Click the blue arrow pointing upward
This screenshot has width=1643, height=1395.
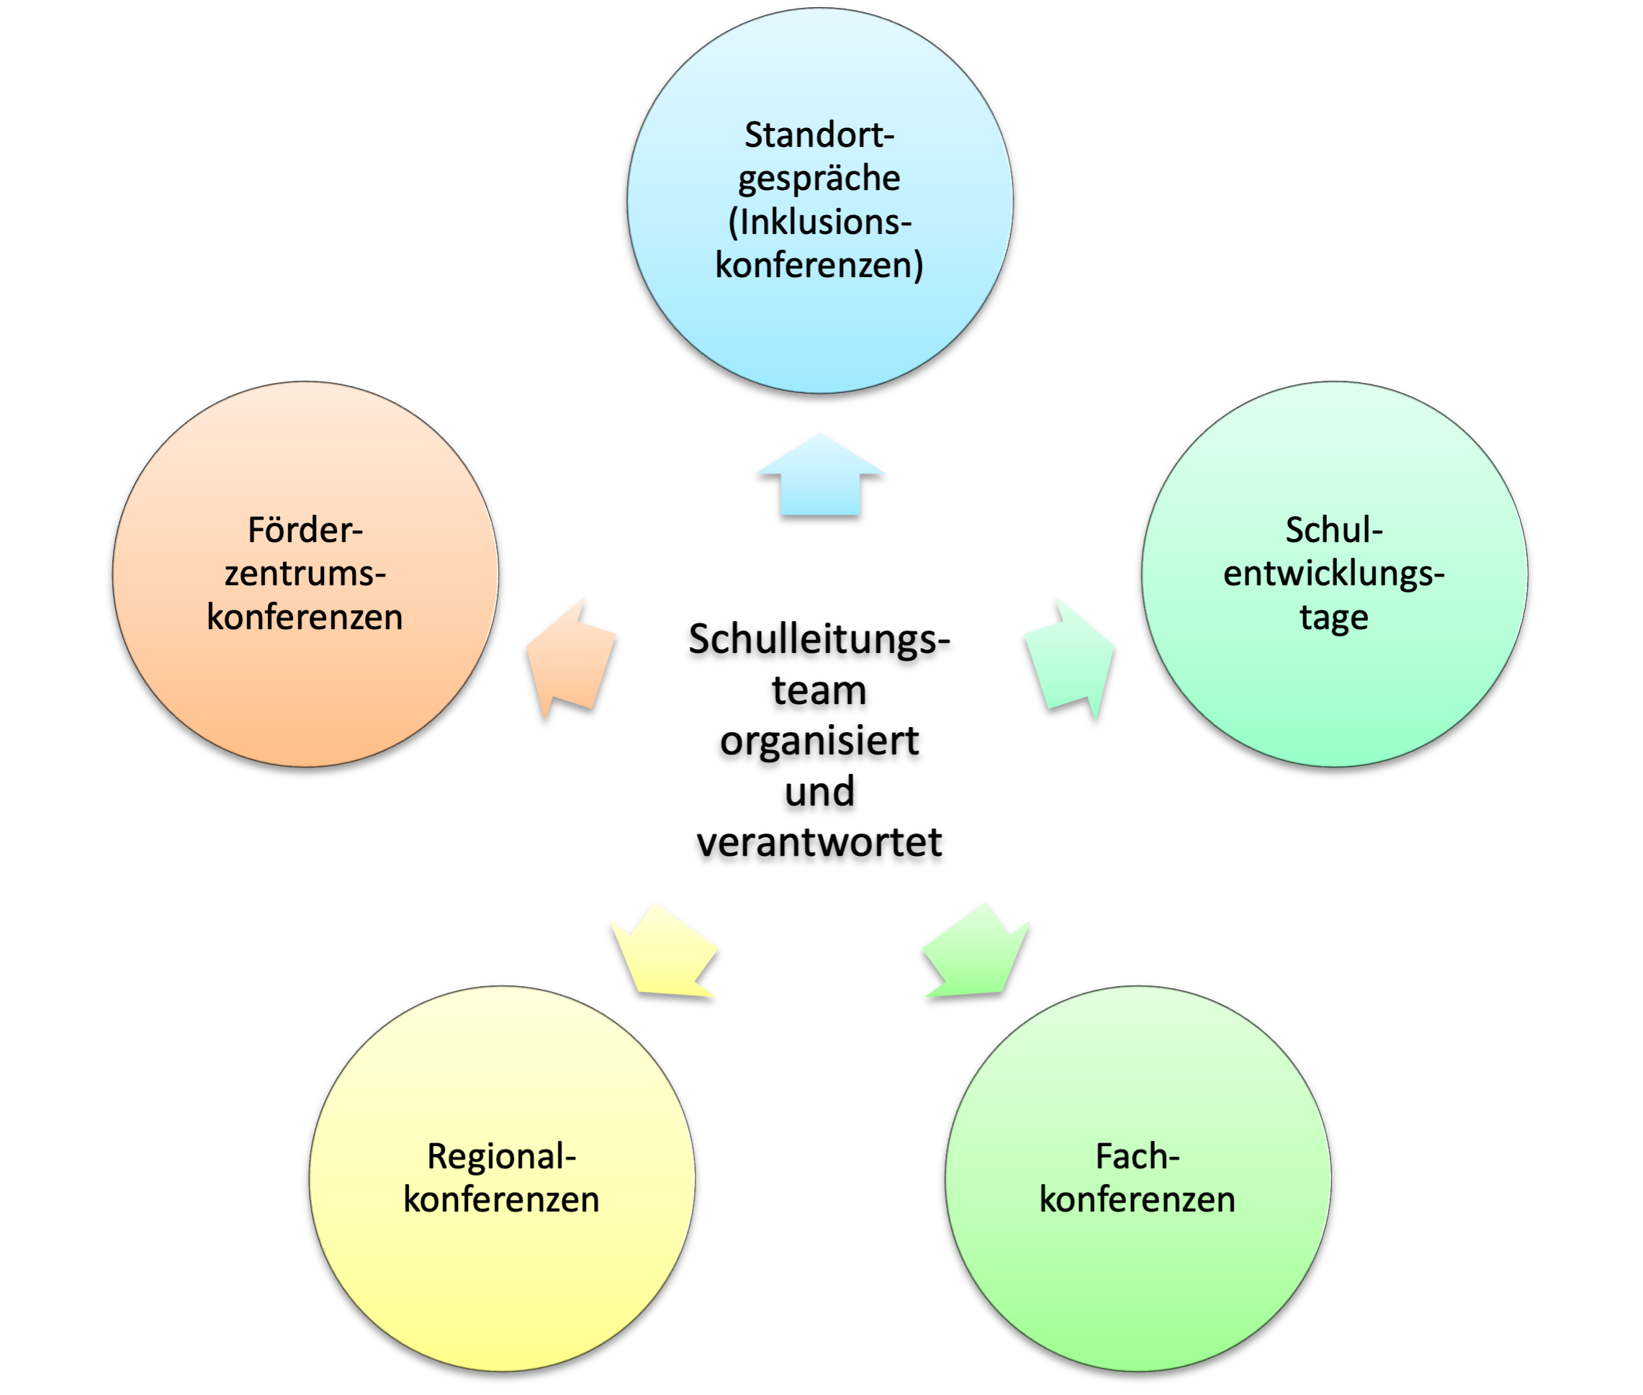pyautogui.click(x=820, y=478)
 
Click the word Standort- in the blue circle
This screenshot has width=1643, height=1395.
pyautogui.click(x=819, y=135)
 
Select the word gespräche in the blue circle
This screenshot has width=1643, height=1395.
pyautogui.click(x=819, y=179)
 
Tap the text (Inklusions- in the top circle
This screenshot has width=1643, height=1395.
pyautogui.click(x=819, y=222)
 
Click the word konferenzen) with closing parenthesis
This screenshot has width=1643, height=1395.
pyautogui.click(x=819, y=265)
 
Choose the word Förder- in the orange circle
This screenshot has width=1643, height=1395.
pyautogui.click(x=305, y=530)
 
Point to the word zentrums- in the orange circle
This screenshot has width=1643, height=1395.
pyautogui.click(x=305, y=574)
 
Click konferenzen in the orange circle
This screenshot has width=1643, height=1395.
pyautogui.click(x=305, y=618)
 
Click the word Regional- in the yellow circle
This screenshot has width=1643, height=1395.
pyautogui.click(x=502, y=1156)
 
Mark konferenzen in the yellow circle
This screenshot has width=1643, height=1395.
pyautogui.click(x=502, y=1200)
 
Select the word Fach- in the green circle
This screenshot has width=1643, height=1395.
pyautogui.click(x=1138, y=1156)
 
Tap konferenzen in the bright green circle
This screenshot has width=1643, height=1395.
pyautogui.click(x=1138, y=1200)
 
